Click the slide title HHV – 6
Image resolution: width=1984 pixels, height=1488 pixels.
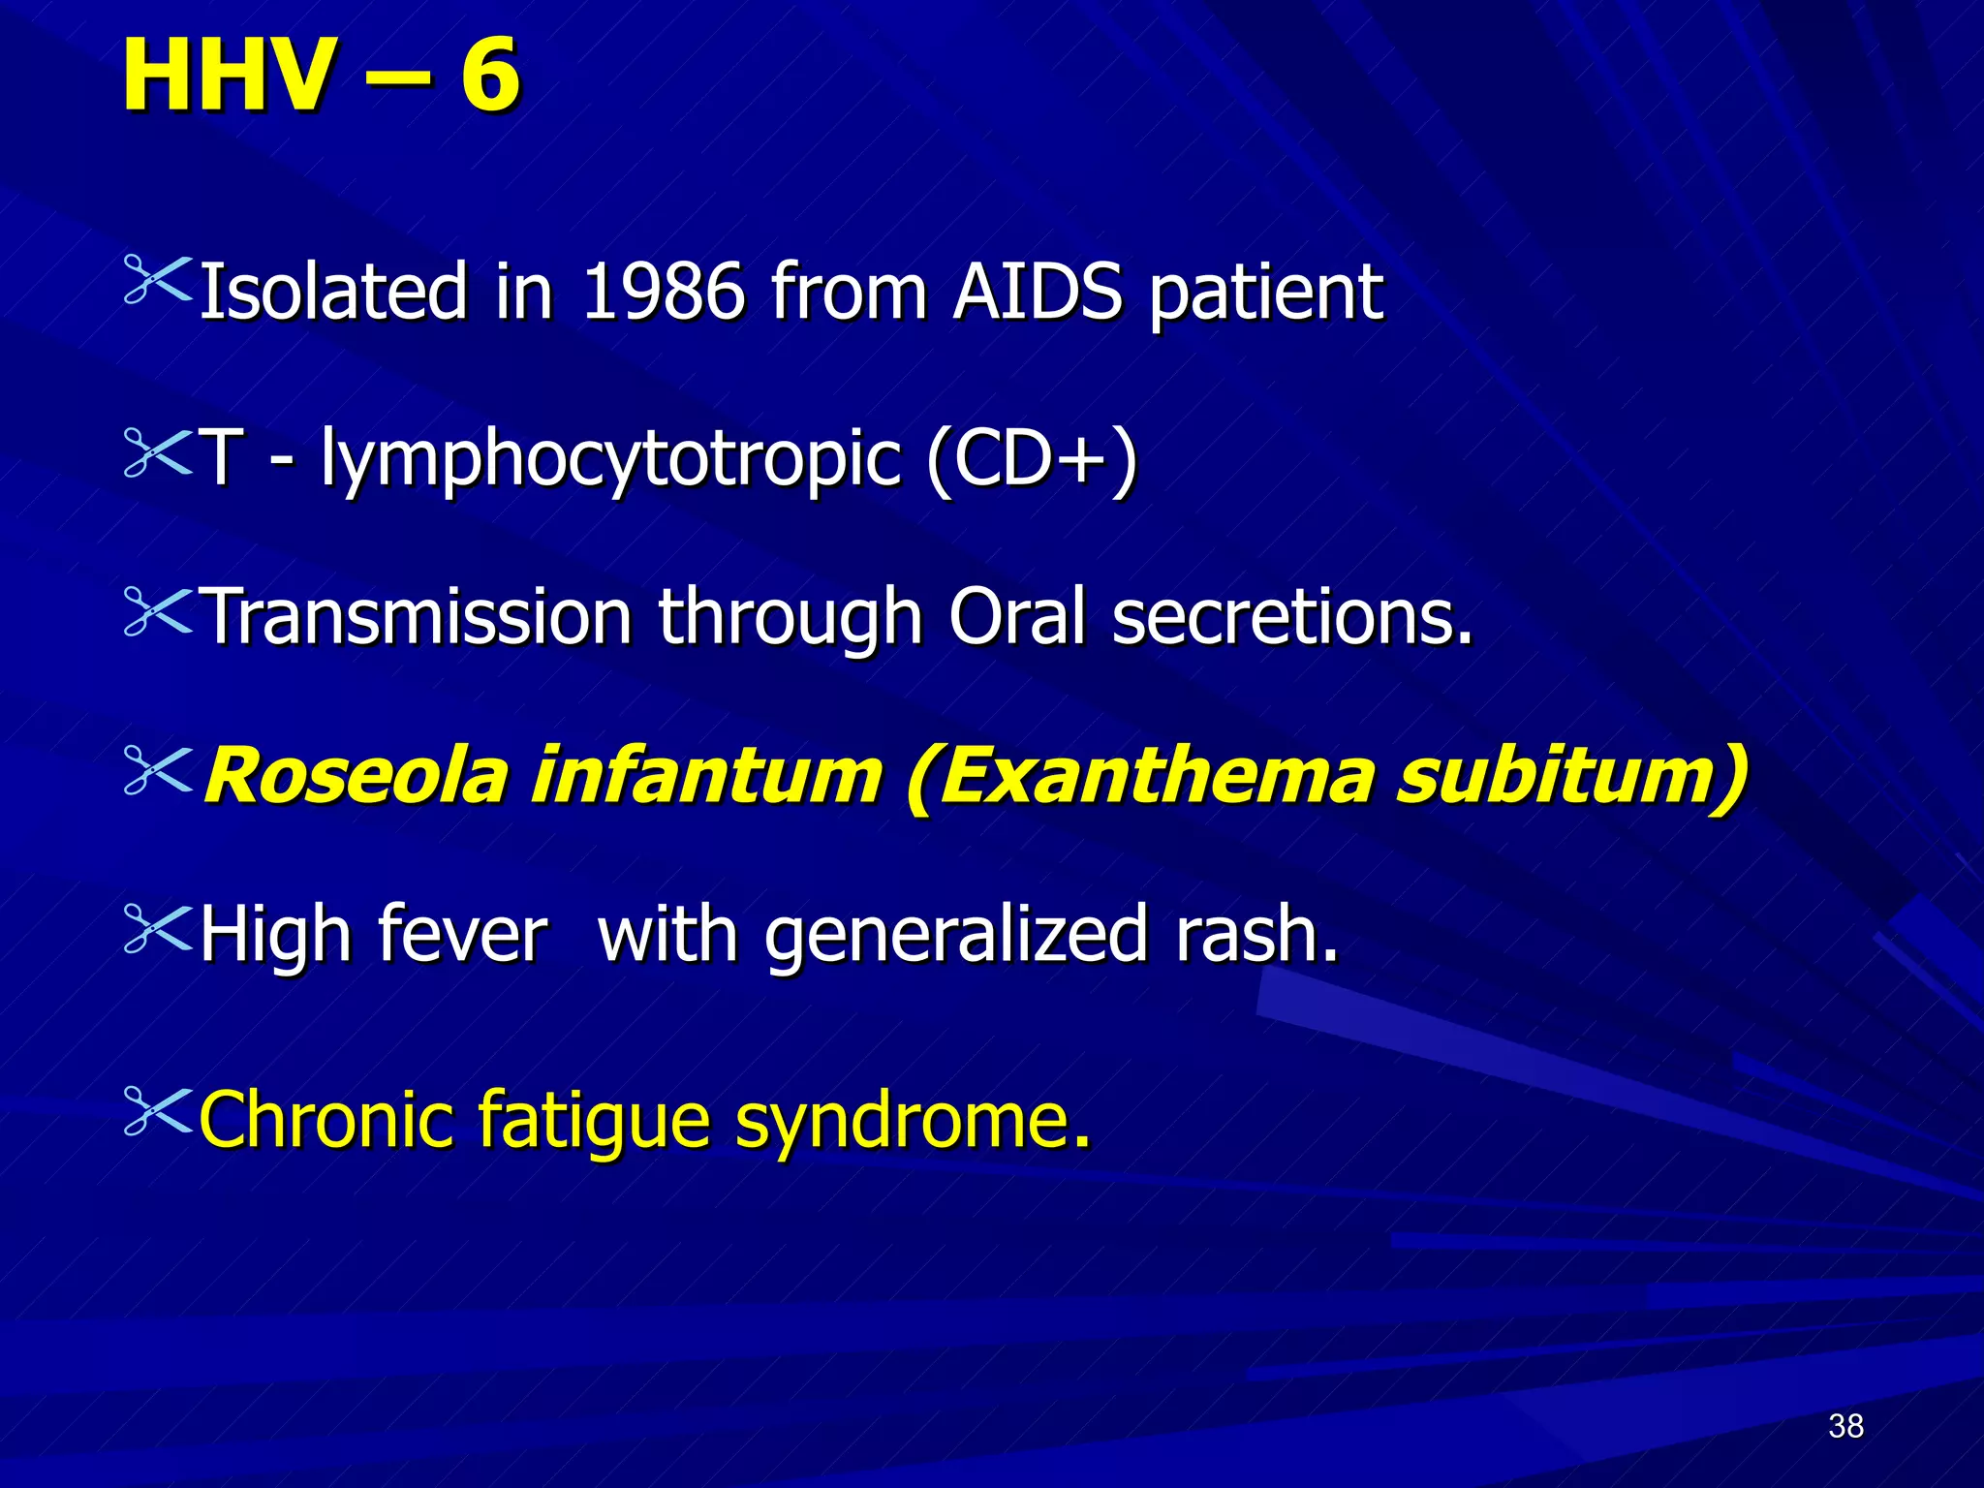tap(321, 76)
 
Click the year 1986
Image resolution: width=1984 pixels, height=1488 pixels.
tap(663, 292)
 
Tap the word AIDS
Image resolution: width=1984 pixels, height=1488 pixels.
tap(1038, 292)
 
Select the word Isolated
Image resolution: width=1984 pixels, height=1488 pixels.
tap(333, 292)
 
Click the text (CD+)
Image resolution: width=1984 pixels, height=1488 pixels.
tap(1031, 458)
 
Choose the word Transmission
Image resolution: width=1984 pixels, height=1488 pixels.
tap(419, 617)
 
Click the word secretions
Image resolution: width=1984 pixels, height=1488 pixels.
tap(1291, 617)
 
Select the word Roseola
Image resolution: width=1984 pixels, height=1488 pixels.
tap(356, 776)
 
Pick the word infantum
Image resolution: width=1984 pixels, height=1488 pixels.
tap(707, 776)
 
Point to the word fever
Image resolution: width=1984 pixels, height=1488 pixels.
tap(462, 934)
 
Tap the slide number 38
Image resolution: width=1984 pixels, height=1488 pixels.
tap(1845, 1426)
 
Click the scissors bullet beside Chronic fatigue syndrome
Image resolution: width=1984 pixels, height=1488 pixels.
tap(158, 1110)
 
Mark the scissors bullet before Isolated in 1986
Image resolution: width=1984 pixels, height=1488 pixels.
tap(158, 283)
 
